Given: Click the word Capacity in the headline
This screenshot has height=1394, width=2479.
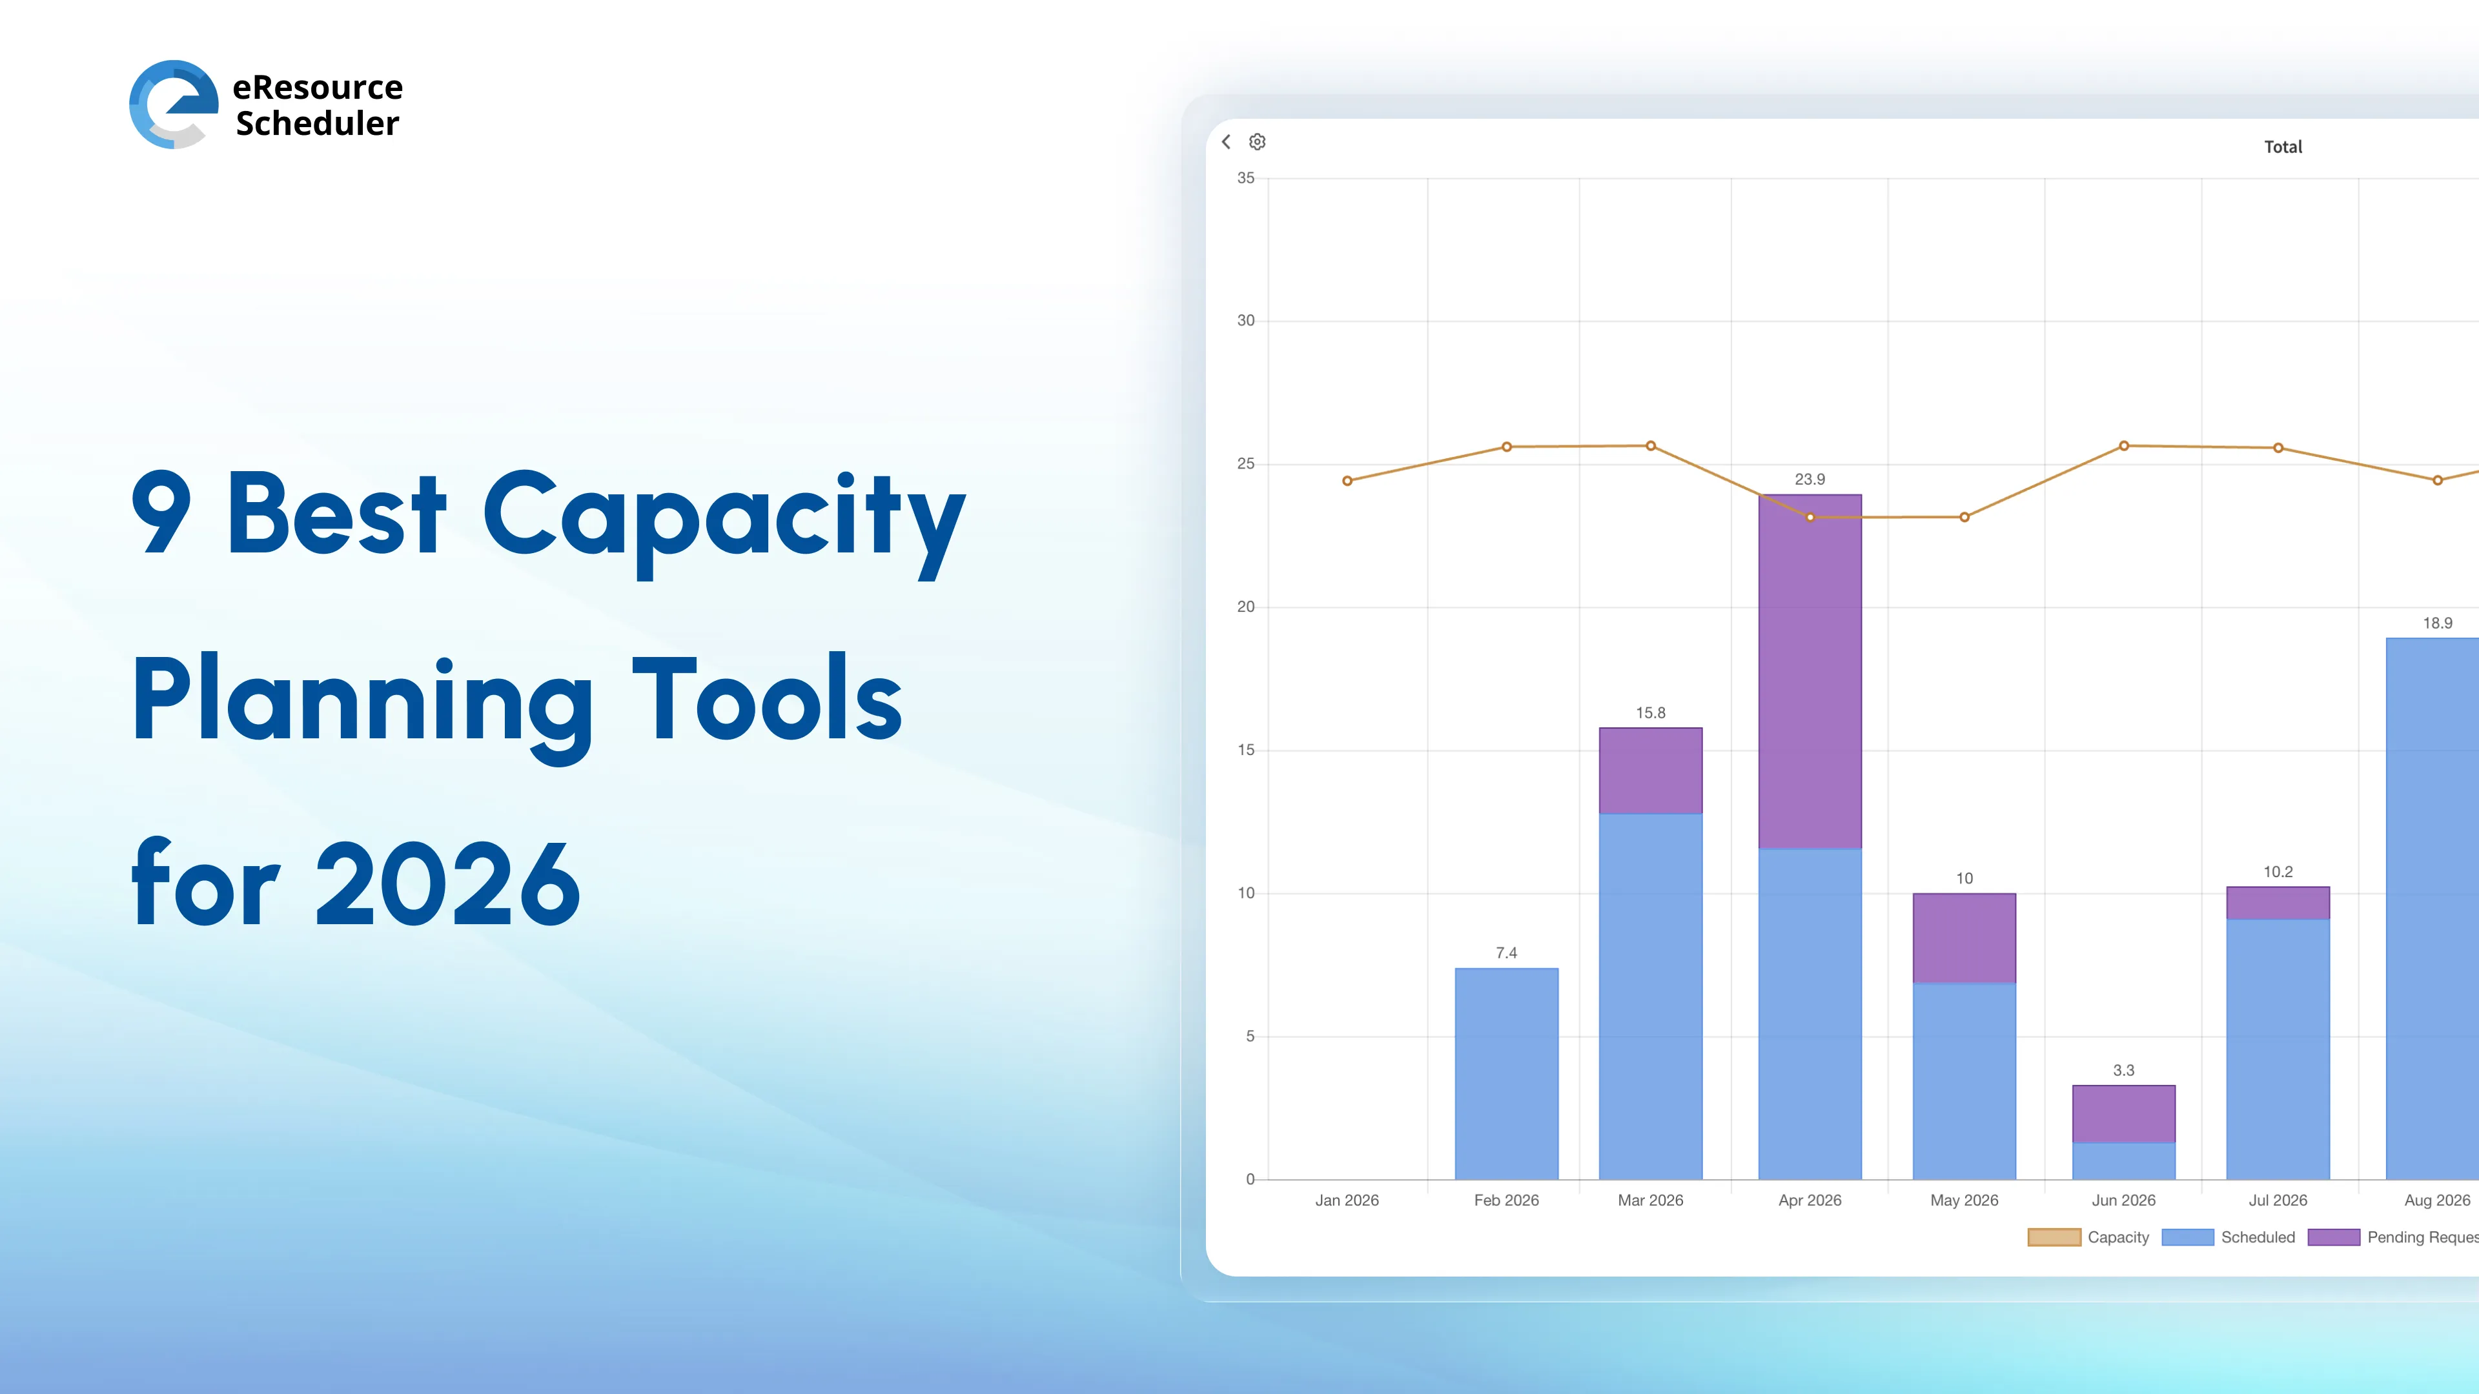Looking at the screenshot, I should click(723, 516).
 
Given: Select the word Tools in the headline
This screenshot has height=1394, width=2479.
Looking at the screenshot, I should click(766, 700).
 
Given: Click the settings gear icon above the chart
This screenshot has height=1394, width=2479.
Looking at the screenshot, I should click(1257, 143).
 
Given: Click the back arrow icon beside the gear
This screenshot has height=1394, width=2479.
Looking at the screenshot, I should click(1226, 143).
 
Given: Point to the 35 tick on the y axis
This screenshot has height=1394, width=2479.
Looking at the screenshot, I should click(1245, 178).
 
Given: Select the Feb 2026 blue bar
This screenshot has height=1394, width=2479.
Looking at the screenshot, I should click(1506, 1073).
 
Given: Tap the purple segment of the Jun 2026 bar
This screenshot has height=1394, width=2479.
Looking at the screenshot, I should click(2123, 1114).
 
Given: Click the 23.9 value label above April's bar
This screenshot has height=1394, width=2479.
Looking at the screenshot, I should click(1809, 479).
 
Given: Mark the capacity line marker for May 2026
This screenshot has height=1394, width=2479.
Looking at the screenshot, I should click(1964, 518).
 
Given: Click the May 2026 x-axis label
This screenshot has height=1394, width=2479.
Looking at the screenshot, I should click(1964, 1200).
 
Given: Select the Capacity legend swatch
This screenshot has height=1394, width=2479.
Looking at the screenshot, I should click(2054, 1237).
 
